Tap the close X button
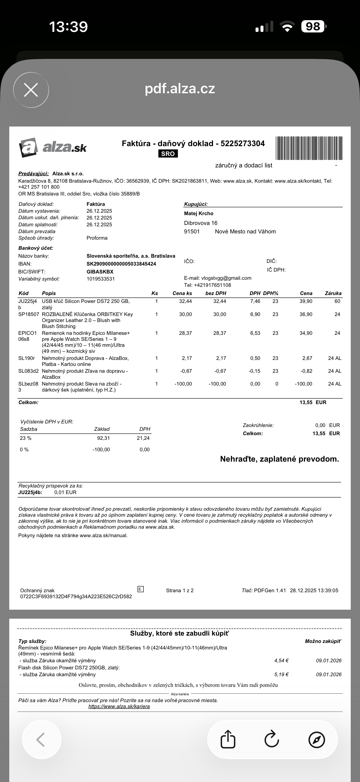pos(31,90)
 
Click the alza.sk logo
pos(53,148)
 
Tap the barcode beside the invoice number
pos(309,148)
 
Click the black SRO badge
pos(168,154)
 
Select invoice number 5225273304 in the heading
pos(242,144)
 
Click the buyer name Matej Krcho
pos(199,213)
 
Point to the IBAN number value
pos(121,264)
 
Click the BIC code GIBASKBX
pos(100,272)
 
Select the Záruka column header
pos(333,293)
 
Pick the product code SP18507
pos(29,314)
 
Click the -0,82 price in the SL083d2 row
pos(306,371)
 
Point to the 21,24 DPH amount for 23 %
pos(143,438)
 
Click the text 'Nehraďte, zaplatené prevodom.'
pos(279,459)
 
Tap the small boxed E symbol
pos(140,589)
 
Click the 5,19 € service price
pos(281,675)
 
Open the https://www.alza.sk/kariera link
pos(119,706)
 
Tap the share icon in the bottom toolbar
pos(228,739)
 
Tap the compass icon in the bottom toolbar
pos(317,739)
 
